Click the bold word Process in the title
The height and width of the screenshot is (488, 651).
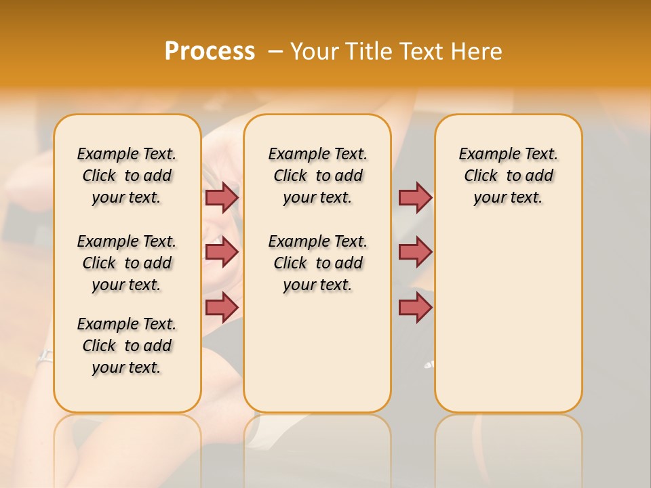tap(210, 51)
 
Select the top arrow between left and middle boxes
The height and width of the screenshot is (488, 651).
tap(221, 197)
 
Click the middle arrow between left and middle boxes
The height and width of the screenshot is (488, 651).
tap(221, 252)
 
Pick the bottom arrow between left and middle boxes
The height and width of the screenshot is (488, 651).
tap(221, 307)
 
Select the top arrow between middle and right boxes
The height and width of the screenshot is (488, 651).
tap(414, 197)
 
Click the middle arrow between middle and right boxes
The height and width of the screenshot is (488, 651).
tap(414, 252)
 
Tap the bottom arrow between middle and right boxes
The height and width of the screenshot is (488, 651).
tap(414, 307)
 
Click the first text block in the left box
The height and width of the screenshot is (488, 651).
tap(127, 176)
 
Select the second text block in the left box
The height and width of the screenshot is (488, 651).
tap(127, 263)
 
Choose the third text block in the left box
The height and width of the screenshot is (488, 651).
tap(127, 346)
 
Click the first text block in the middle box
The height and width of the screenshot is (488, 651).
tap(317, 176)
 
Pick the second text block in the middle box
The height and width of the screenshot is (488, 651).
tap(317, 263)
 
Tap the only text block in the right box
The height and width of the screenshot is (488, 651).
tap(508, 176)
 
